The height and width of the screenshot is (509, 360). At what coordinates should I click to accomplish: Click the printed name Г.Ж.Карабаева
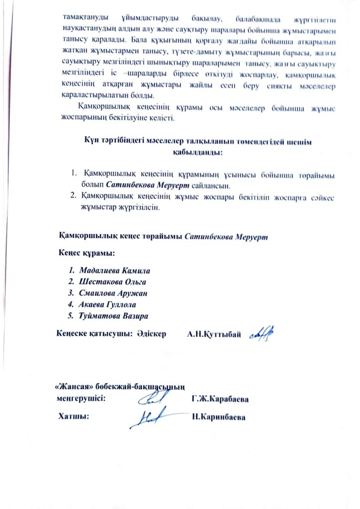pyautogui.click(x=220, y=399)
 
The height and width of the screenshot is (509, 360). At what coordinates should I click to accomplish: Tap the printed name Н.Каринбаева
pyautogui.click(x=219, y=417)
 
